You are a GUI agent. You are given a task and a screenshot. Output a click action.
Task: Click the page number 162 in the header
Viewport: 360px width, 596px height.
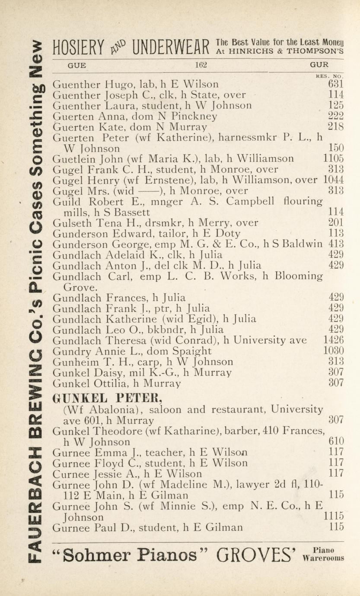tap(201, 65)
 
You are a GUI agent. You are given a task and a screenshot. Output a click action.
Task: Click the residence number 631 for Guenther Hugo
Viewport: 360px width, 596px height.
tap(336, 84)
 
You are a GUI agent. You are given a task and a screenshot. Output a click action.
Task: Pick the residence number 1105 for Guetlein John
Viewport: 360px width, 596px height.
tap(334, 159)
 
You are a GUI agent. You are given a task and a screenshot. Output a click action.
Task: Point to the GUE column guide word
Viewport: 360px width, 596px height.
tap(77, 65)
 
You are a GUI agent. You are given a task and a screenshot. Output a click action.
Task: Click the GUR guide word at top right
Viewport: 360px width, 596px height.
tap(319, 65)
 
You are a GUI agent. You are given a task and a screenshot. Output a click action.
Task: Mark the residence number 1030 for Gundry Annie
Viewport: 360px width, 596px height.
tap(334, 351)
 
